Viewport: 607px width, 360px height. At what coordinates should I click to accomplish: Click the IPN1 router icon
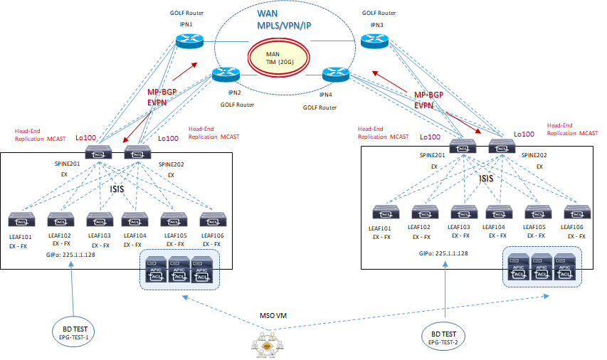click(x=189, y=41)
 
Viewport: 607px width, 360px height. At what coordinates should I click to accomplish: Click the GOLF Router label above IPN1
click(x=186, y=14)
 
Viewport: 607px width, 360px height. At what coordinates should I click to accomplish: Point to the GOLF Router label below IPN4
click(x=320, y=107)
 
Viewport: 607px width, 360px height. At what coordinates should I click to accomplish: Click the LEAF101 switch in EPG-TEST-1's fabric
click(x=22, y=218)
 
